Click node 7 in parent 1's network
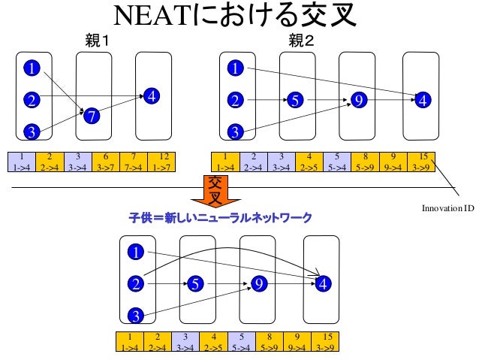[91, 116]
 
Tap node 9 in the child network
[259, 283]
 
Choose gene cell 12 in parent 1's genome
[163, 161]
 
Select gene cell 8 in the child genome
[270, 342]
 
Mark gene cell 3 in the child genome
[185, 342]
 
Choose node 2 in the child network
[135, 283]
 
